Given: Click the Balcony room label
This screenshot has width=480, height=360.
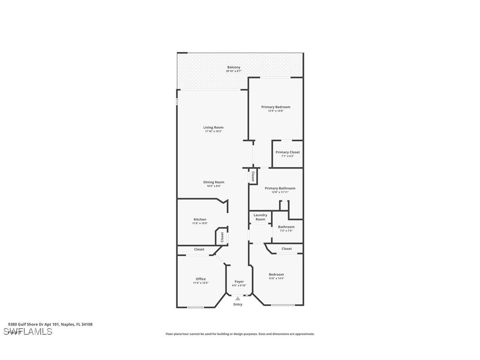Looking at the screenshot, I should pos(233,67).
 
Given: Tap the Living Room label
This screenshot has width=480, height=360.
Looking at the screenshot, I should pos(213,127).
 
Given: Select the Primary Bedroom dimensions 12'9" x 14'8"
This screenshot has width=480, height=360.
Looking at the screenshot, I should pos(275,111).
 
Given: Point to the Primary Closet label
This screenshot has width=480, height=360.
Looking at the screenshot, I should pos(288,152).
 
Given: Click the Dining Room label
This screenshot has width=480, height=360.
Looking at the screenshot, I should pos(213,182).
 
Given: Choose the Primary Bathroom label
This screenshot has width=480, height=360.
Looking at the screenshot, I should pos(280,188).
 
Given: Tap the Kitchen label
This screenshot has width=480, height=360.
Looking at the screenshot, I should pos(200,219).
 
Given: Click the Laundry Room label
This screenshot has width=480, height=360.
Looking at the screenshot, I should pos(260,217).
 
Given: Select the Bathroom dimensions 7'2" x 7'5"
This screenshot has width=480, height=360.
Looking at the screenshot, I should pos(286,231).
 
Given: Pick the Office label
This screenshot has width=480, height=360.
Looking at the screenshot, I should pos(201,279).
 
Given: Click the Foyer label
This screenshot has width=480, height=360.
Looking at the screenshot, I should pos(239,282).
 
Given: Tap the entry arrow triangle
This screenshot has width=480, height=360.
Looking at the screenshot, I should pos(238,299).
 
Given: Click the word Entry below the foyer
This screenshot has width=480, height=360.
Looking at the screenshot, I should pos(238,304).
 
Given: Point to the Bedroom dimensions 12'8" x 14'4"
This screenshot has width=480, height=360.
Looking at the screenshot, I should pos(276,278).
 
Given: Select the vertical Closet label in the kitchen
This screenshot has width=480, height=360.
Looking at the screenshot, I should pos(222,237).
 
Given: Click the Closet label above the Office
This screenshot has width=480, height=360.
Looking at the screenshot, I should pos(199,249).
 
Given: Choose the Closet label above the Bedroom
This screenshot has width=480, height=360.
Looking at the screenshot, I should pos(287,249).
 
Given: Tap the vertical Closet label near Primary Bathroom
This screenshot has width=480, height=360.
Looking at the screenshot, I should pos(253,176).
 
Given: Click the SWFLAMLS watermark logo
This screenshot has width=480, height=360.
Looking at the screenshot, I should pos(28,332).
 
